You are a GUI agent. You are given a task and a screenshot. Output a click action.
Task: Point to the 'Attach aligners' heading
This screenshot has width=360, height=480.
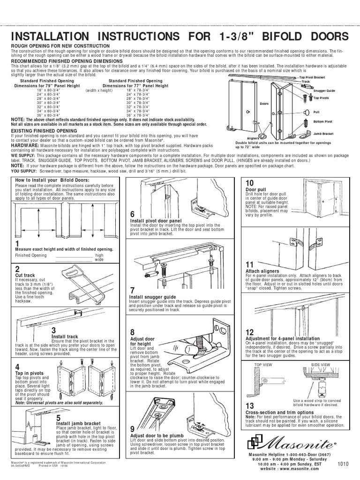point(262,271)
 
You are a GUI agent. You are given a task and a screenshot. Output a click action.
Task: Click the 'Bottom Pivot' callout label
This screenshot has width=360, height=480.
point(322,121)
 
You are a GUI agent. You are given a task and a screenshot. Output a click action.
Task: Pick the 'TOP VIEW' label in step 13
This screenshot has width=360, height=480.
point(263,364)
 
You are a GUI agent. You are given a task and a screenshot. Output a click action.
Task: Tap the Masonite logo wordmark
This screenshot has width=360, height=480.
point(300,442)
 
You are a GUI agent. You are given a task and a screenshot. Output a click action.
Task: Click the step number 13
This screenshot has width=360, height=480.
point(249,405)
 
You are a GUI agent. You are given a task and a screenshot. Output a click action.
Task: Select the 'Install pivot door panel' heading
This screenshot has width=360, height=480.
point(156,220)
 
